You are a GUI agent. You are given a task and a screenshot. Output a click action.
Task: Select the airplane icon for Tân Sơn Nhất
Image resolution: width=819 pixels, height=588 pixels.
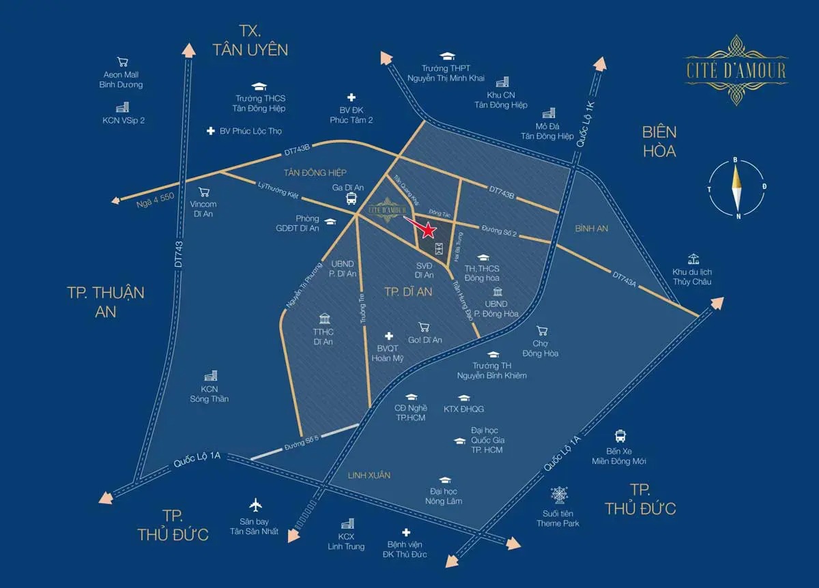tap(256, 505)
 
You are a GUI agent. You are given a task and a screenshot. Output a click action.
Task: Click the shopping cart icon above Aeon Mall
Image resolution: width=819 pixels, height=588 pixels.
tap(123, 61)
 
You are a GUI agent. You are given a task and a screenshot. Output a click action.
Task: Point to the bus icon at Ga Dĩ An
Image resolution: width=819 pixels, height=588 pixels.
tap(351, 199)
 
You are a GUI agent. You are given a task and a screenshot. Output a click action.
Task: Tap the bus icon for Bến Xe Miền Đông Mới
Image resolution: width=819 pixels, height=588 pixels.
tap(620, 436)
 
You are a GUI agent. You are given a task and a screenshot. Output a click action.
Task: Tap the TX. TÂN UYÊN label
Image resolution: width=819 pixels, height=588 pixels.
tap(250, 40)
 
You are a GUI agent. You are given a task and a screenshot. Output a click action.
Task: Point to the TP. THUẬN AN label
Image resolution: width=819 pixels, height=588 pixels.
tap(106, 301)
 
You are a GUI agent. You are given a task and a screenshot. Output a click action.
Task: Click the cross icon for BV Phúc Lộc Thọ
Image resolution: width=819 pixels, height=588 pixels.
tap(210, 130)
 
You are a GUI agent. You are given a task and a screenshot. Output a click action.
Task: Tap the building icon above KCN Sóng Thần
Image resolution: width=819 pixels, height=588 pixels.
tap(210, 376)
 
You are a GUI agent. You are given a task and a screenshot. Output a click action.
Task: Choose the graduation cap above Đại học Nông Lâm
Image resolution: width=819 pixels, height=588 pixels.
tap(444, 480)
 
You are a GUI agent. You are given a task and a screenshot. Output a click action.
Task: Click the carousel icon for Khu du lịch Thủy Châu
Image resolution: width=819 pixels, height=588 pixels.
tap(693, 259)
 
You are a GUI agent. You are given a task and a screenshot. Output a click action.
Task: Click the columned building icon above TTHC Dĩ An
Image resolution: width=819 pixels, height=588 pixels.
tap(323, 319)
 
